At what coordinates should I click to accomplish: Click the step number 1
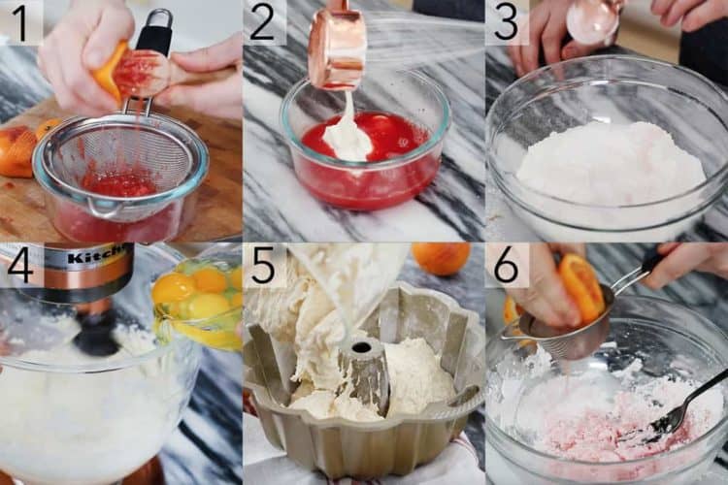[20, 22]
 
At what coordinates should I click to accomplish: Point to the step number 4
[20, 266]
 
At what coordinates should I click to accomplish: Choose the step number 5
[263, 266]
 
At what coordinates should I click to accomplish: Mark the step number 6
[506, 266]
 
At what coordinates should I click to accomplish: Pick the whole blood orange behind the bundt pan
[441, 258]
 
